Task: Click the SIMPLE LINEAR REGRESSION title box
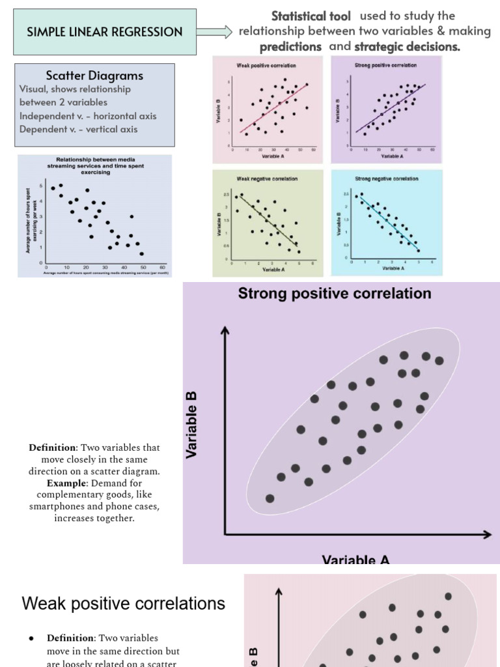coord(105,32)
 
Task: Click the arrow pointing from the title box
coord(214,31)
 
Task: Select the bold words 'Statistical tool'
coord(311,16)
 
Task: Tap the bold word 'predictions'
coord(290,46)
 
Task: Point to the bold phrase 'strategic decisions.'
coord(407,46)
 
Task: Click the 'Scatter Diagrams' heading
coord(94,76)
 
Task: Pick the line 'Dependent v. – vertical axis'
coord(78,129)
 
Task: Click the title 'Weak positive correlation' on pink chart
coord(268,66)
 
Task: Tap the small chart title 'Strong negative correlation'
coord(386,178)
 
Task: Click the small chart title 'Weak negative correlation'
coord(268,178)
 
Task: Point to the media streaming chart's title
coord(96,165)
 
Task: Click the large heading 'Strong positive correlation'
coord(335,294)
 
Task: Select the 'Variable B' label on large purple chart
coord(191,425)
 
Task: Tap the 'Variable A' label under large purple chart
coord(355,559)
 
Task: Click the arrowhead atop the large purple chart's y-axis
coord(225,331)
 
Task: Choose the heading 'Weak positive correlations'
coord(124,604)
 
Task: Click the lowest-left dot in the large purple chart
coord(270,499)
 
